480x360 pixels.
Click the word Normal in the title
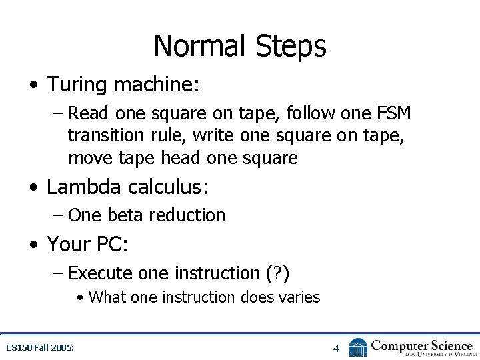pyautogui.click(x=199, y=47)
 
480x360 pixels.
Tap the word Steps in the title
pyautogui.click(x=291, y=47)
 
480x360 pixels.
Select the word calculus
pyautogui.click(x=172, y=187)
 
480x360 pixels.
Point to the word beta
pyautogui.click(x=125, y=215)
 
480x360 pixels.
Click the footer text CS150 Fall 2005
pyautogui.click(x=39, y=347)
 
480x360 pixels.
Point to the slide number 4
pyautogui.click(x=336, y=348)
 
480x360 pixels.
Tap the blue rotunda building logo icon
pyautogui.click(x=358, y=347)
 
